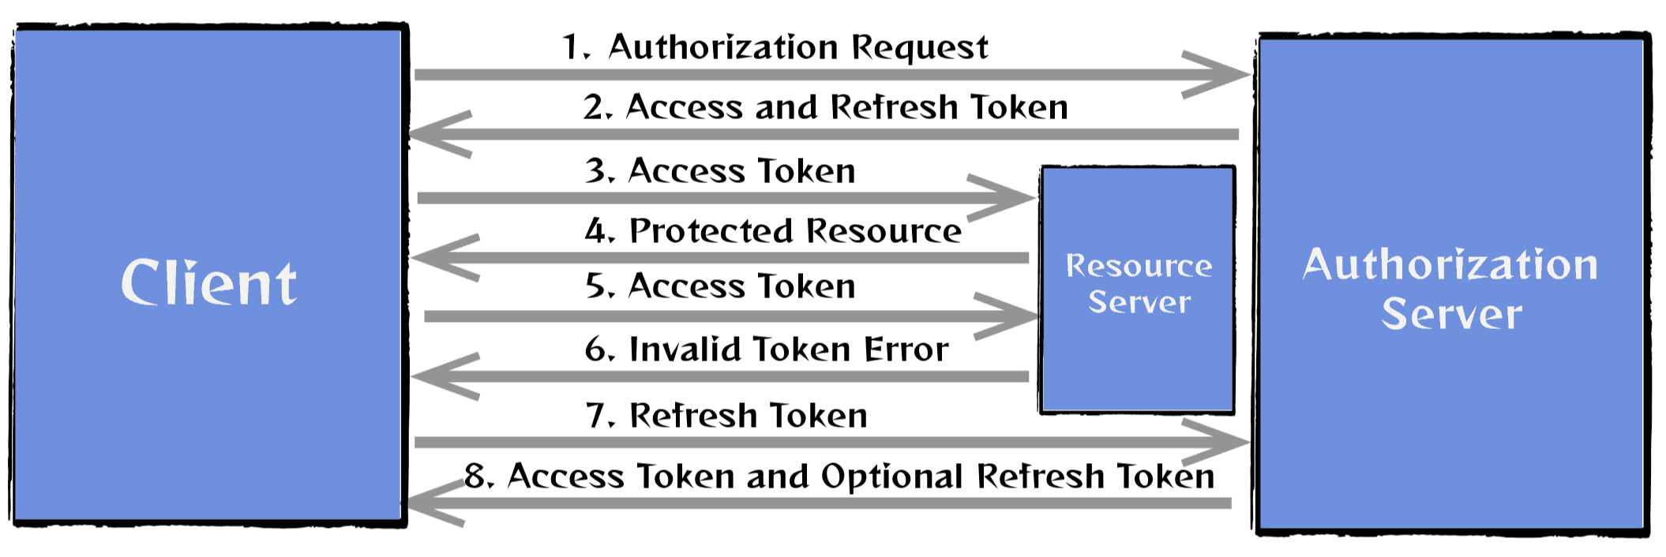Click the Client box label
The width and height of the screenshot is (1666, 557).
pyautogui.click(x=208, y=282)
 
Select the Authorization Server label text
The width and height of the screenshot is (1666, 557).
pyautogui.click(x=1450, y=287)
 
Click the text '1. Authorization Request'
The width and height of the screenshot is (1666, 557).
pyautogui.click(x=774, y=47)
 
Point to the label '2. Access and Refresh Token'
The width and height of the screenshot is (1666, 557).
pyautogui.click(x=825, y=107)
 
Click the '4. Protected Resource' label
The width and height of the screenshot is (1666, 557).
pyautogui.click(x=773, y=231)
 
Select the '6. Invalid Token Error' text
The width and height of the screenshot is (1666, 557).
pyautogui.click(x=766, y=350)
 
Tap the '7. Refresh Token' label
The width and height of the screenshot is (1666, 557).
pyautogui.click(x=726, y=416)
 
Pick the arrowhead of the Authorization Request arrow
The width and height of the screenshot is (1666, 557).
pyautogui.click(x=1228, y=75)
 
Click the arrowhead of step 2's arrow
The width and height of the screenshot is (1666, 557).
pyautogui.click(x=430, y=134)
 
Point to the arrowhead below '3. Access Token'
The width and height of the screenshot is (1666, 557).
pyautogui.click(x=1015, y=198)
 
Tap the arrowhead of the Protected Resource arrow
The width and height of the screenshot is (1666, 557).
pyautogui.click(x=434, y=257)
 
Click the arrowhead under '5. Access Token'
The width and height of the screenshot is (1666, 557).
pyautogui.click(x=1019, y=316)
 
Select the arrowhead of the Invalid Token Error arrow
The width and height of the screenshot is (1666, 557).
pyautogui.click(x=434, y=376)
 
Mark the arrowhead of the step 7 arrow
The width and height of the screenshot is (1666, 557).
pyautogui.click(x=1228, y=443)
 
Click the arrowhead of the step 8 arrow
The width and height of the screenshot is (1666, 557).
pyautogui.click(x=426, y=503)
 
